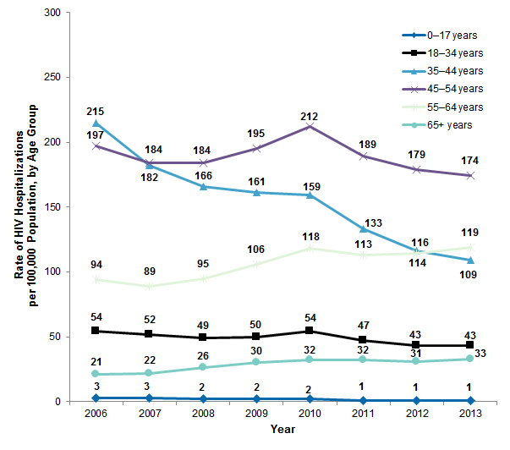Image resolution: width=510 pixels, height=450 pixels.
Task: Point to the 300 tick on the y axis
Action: [x=52, y=13]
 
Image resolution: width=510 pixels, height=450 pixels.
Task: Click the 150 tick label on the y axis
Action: [x=52, y=207]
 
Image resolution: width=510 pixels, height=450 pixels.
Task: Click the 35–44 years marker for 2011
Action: [x=363, y=229]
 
